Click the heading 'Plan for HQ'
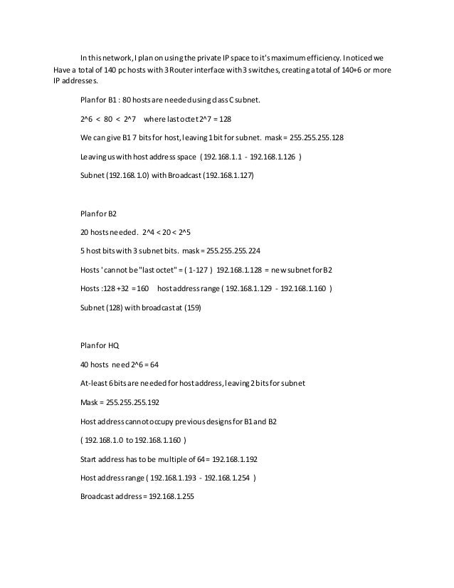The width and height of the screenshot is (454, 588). click(x=99, y=346)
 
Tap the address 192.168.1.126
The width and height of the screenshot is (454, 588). click(x=270, y=156)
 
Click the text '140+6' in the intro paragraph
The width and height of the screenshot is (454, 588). click(x=355, y=70)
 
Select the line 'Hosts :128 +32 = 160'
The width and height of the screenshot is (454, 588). click(x=114, y=290)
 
